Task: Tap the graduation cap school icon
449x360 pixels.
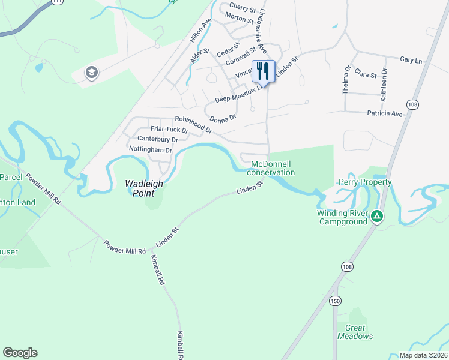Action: tap(92, 73)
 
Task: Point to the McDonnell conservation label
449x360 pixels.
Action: tap(273, 168)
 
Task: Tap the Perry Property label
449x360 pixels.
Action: tap(365, 182)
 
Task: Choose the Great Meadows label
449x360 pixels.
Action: tap(359, 332)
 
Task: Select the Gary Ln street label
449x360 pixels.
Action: tap(411, 61)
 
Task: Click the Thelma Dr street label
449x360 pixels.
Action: tap(346, 80)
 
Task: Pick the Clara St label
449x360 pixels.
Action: tap(365, 75)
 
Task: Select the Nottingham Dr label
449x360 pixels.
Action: tap(151, 150)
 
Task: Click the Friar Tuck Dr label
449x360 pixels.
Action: tap(169, 129)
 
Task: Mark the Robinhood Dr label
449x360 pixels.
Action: tap(193, 124)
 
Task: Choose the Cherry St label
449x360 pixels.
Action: tap(243, 7)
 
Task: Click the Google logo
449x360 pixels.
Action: tap(20, 353)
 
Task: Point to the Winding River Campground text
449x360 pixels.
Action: tap(342, 217)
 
